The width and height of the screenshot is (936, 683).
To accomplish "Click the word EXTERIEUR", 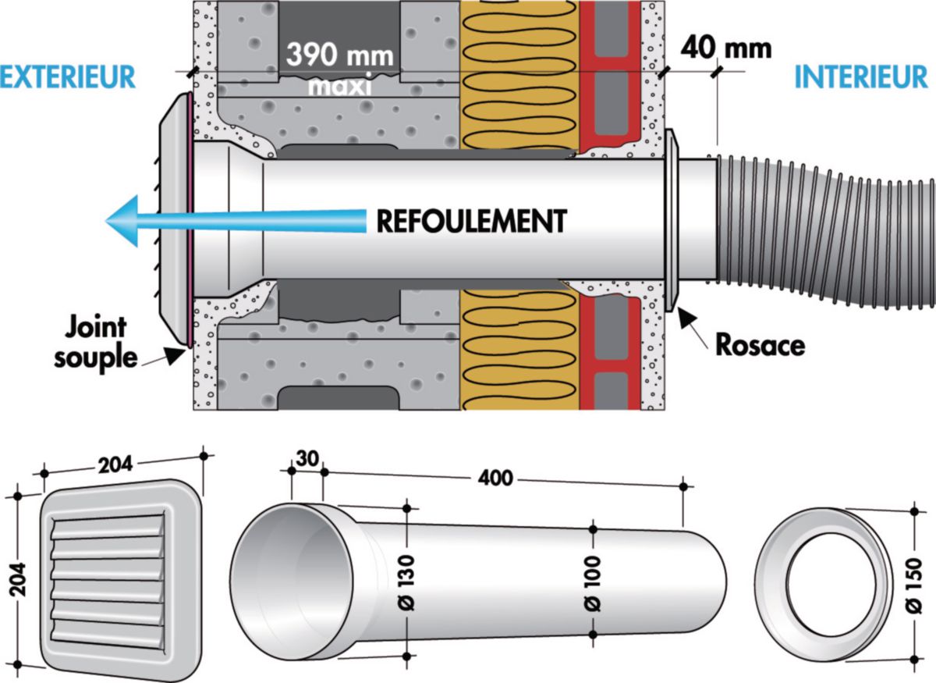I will [68, 76].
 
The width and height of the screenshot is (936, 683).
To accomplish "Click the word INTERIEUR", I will [861, 76].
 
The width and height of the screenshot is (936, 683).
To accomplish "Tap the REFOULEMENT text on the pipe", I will [470, 221].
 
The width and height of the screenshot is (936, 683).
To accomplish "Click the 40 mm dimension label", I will [725, 48].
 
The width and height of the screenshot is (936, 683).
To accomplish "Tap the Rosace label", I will [760, 344].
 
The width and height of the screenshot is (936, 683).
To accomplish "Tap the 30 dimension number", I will [306, 458].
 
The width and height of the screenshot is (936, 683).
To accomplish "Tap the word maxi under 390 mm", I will [339, 85].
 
